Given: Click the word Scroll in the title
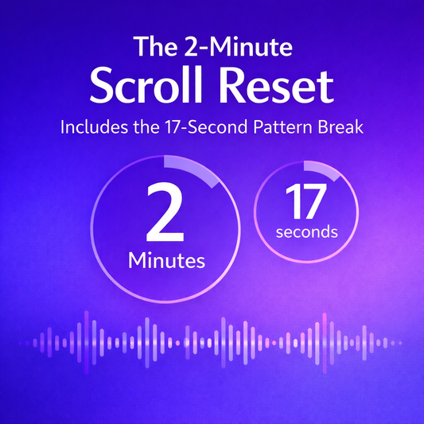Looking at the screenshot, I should [146, 86].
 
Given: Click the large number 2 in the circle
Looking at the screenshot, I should [165, 213].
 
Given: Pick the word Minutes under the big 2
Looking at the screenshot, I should [168, 260].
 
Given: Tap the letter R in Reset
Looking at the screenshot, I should [231, 86].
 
